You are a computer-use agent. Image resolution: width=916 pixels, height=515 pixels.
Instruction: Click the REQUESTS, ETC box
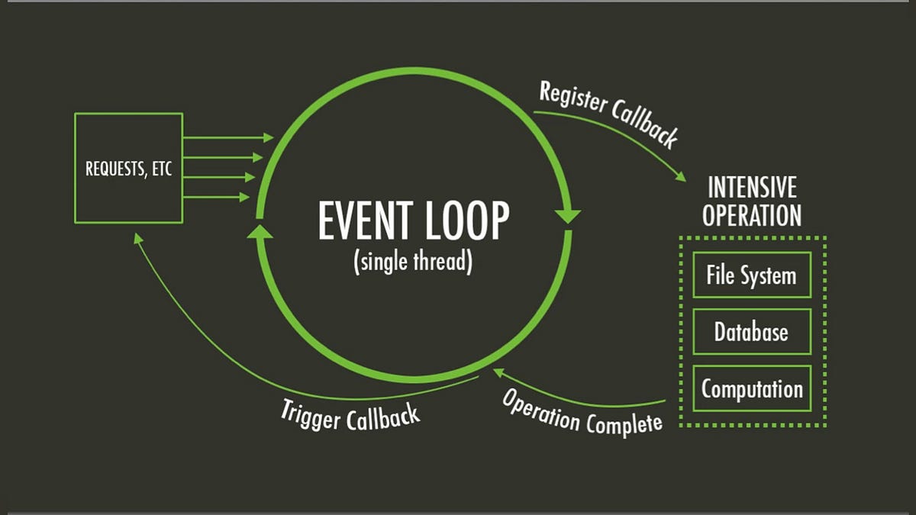pyautogui.click(x=128, y=168)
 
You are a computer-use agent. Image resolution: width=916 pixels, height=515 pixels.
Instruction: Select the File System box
pyautogui.click(x=751, y=275)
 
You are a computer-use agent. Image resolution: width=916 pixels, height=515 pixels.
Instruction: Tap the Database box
pyautogui.click(x=751, y=332)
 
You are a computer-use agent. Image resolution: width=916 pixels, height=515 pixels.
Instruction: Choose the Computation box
pyautogui.click(x=751, y=389)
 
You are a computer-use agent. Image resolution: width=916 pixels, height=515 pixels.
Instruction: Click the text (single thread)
pyautogui.click(x=413, y=262)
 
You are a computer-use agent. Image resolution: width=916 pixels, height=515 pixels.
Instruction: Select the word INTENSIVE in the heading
pyautogui.click(x=752, y=188)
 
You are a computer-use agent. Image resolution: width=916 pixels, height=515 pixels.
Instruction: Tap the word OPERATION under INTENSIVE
pyautogui.click(x=752, y=215)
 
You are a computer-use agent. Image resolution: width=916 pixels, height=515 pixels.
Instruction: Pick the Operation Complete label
pyautogui.click(x=582, y=411)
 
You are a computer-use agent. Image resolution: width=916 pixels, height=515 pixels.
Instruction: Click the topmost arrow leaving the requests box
pyautogui.click(x=229, y=138)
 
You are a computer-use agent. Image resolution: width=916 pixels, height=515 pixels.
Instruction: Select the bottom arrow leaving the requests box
pyautogui.click(x=218, y=197)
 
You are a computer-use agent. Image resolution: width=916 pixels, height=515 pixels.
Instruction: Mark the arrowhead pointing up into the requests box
pyautogui.click(x=137, y=238)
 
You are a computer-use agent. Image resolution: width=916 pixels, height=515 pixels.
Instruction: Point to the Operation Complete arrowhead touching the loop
pyautogui.click(x=499, y=372)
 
